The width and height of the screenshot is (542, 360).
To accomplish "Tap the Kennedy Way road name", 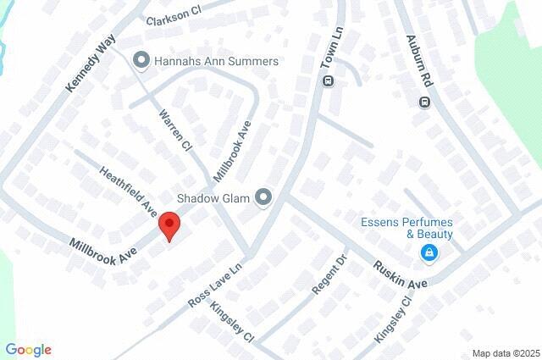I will coord(91,64).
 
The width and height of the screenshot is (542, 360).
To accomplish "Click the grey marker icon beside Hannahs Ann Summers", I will coord(141,61).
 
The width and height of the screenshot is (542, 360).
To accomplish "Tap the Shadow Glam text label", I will coord(213,198).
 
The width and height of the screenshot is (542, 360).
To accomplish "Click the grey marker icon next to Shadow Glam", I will coord(264,198).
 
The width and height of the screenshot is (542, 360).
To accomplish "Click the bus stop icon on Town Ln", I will coord(328,81).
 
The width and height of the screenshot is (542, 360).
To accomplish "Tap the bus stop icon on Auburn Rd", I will coord(425,102).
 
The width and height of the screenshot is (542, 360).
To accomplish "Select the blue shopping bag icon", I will coord(430,252).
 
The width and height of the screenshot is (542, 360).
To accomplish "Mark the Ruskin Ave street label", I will coord(401,274).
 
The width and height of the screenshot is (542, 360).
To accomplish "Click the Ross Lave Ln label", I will coord(215,284).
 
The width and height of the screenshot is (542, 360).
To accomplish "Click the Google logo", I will coord(28,350).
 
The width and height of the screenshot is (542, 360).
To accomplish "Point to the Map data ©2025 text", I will coord(505,353).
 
